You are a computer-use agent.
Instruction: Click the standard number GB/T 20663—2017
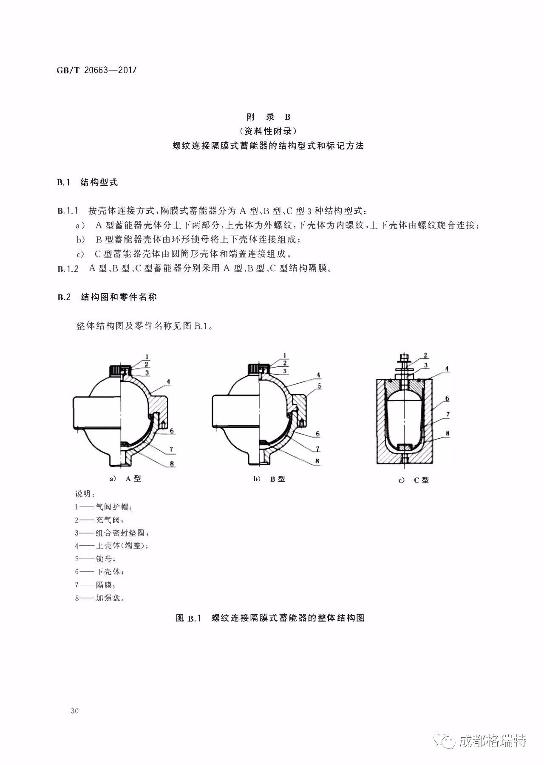pyautogui.click(x=96, y=70)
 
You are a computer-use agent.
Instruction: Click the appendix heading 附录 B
pyautogui.click(x=269, y=117)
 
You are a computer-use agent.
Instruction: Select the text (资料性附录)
pyautogui.click(x=268, y=131)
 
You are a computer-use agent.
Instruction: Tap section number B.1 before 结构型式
pyautogui.click(x=63, y=183)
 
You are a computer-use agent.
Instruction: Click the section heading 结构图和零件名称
pyautogui.click(x=119, y=297)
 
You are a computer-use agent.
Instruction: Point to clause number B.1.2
pyautogui.click(x=68, y=269)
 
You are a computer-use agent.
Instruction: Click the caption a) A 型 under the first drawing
pyautogui.click(x=125, y=478)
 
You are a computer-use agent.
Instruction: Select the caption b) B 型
pyautogui.click(x=269, y=479)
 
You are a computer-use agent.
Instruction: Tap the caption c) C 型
pyautogui.click(x=414, y=480)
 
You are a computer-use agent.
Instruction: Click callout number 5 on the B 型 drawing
pyautogui.click(x=319, y=387)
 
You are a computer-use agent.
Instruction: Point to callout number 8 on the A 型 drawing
pyautogui.click(x=172, y=463)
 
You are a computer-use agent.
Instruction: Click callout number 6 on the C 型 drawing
pyautogui.click(x=447, y=398)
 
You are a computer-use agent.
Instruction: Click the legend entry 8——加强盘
pyautogui.click(x=100, y=598)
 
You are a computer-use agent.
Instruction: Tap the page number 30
pyautogui.click(x=75, y=711)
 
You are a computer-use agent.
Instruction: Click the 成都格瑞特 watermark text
pyautogui.click(x=493, y=741)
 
